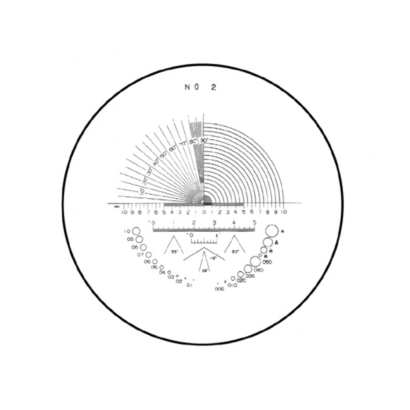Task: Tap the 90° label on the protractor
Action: (204, 141)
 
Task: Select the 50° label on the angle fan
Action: (163, 155)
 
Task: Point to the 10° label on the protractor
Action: (141, 191)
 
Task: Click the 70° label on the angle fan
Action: (183, 144)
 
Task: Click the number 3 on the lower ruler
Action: (215, 223)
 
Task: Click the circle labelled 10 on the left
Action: (136, 232)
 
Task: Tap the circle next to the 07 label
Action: (149, 255)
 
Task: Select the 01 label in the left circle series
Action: (189, 285)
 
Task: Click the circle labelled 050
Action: (255, 261)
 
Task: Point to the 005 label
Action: (219, 289)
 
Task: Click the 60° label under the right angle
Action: (236, 252)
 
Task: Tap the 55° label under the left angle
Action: (175, 252)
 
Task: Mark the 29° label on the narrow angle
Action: (204, 270)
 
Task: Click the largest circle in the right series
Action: (271, 231)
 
